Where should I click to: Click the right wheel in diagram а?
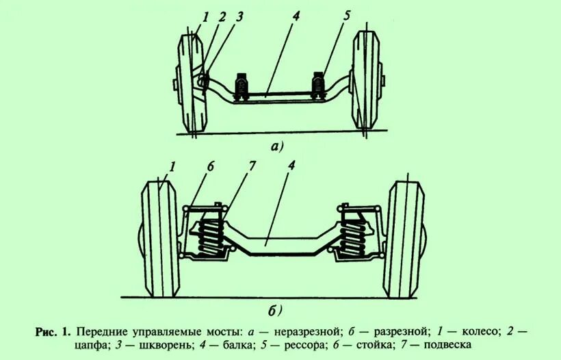point(365,80)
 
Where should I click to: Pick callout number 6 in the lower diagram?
point(211,166)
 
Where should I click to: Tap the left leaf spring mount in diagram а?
point(241,86)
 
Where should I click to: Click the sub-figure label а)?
point(277,146)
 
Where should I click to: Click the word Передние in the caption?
point(101,331)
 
